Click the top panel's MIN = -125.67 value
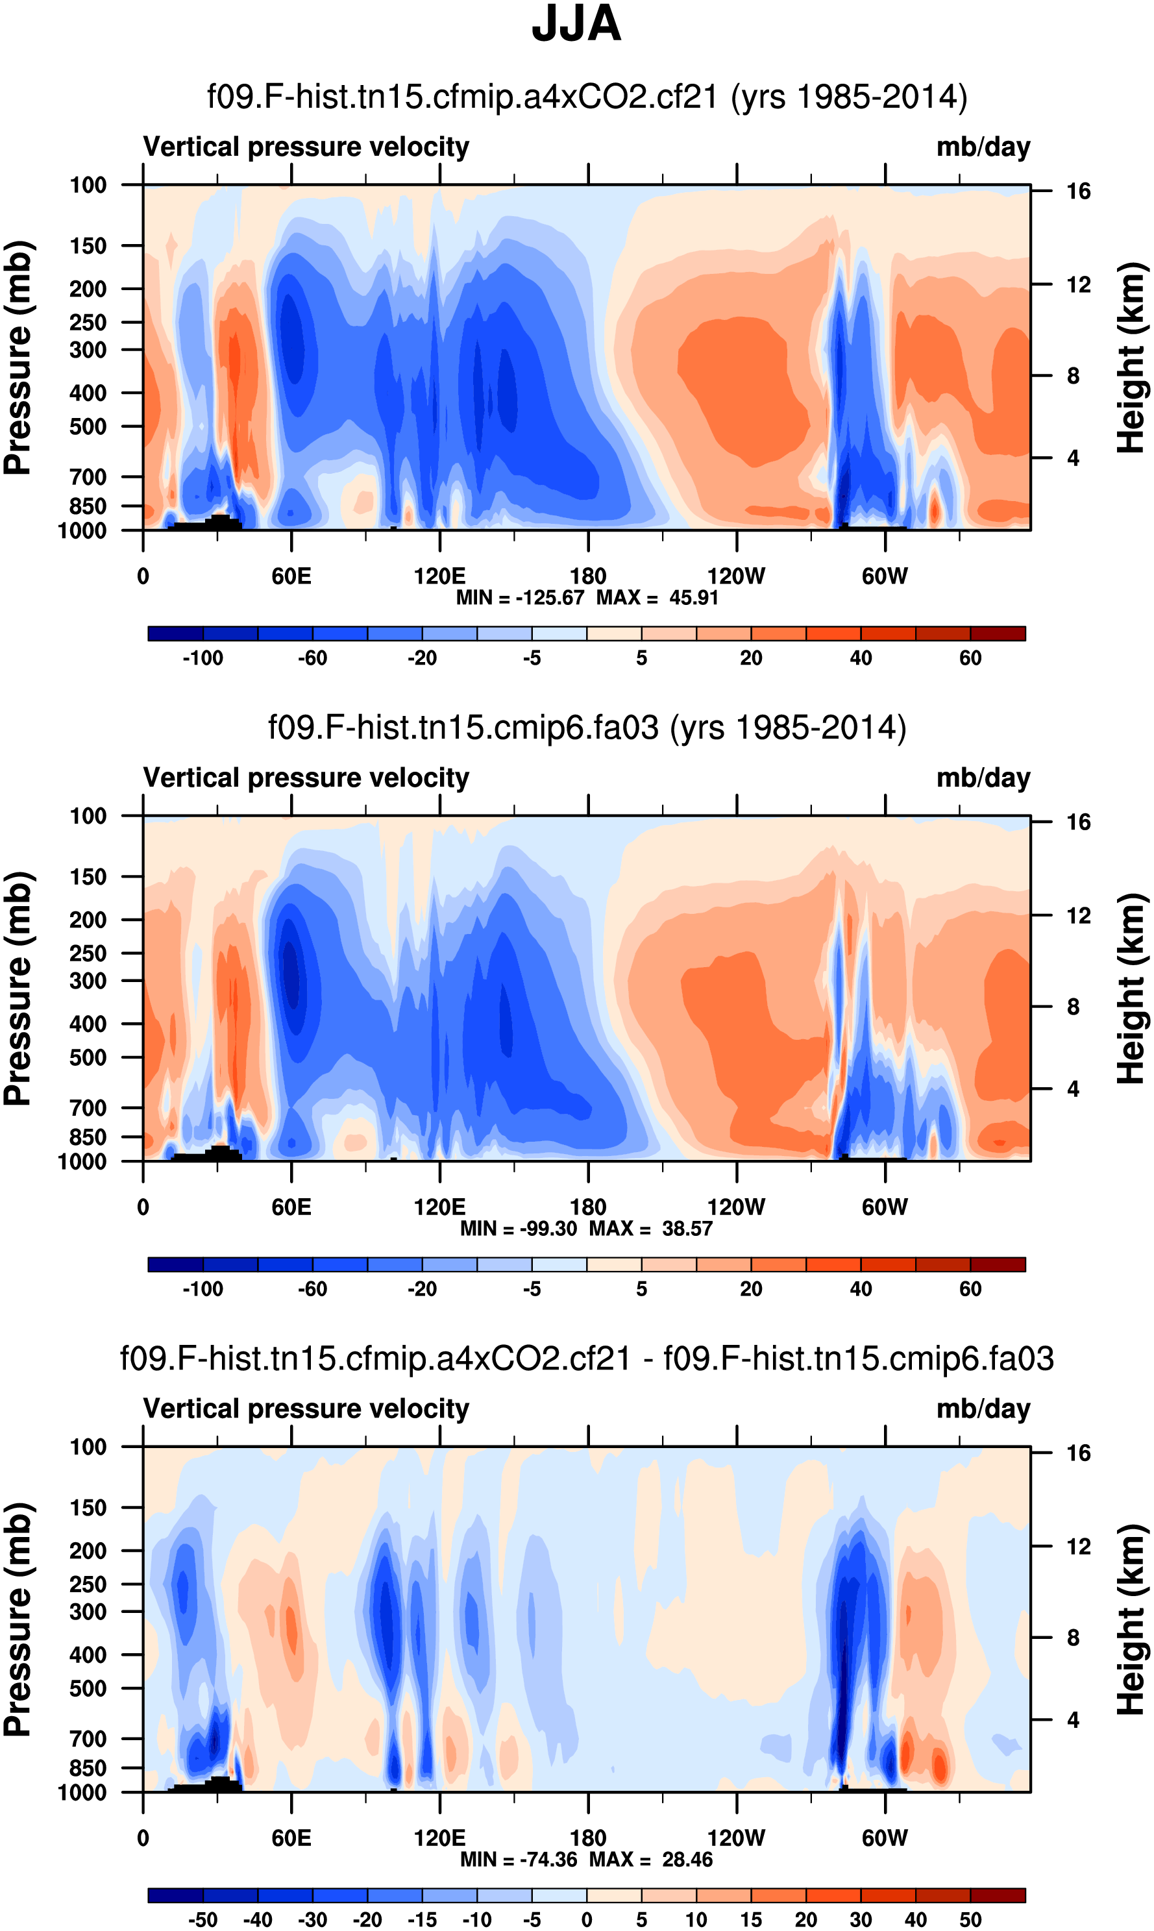pyautogui.click(x=519, y=598)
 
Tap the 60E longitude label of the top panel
pyautogui.click(x=291, y=576)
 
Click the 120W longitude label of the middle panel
pyautogui.click(x=735, y=1207)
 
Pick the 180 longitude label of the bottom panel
pyautogui.click(x=588, y=1838)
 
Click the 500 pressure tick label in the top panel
pyautogui.click(x=88, y=427)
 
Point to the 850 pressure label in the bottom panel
pyautogui.click(x=88, y=1767)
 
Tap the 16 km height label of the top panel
pyautogui.click(x=1078, y=191)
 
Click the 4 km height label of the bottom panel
pyautogui.click(x=1073, y=1719)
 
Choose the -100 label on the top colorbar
pyautogui.click(x=203, y=659)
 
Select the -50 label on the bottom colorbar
pyautogui.click(x=203, y=1920)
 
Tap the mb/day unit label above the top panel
pyautogui.click(x=983, y=147)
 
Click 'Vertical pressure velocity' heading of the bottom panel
pyautogui.click(x=306, y=1408)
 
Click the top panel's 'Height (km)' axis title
pyautogui.click(x=1131, y=358)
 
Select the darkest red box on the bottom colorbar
pyautogui.click(x=998, y=1895)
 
